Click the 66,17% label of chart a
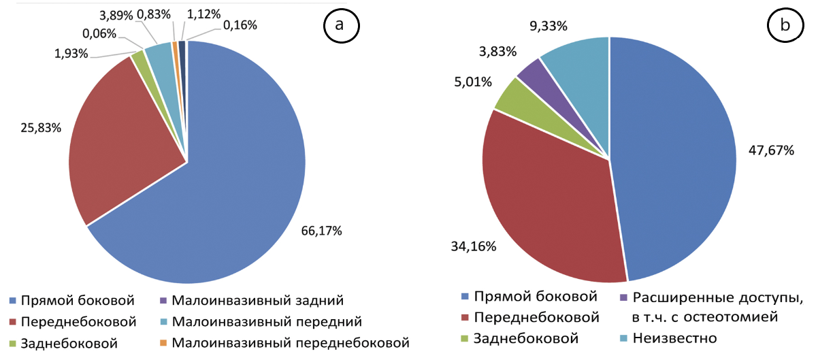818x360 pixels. (322, 231)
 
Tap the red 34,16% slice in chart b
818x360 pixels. (544, 204)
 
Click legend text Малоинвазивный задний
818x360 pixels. (257, 300)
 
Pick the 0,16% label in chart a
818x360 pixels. (240, 25)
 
